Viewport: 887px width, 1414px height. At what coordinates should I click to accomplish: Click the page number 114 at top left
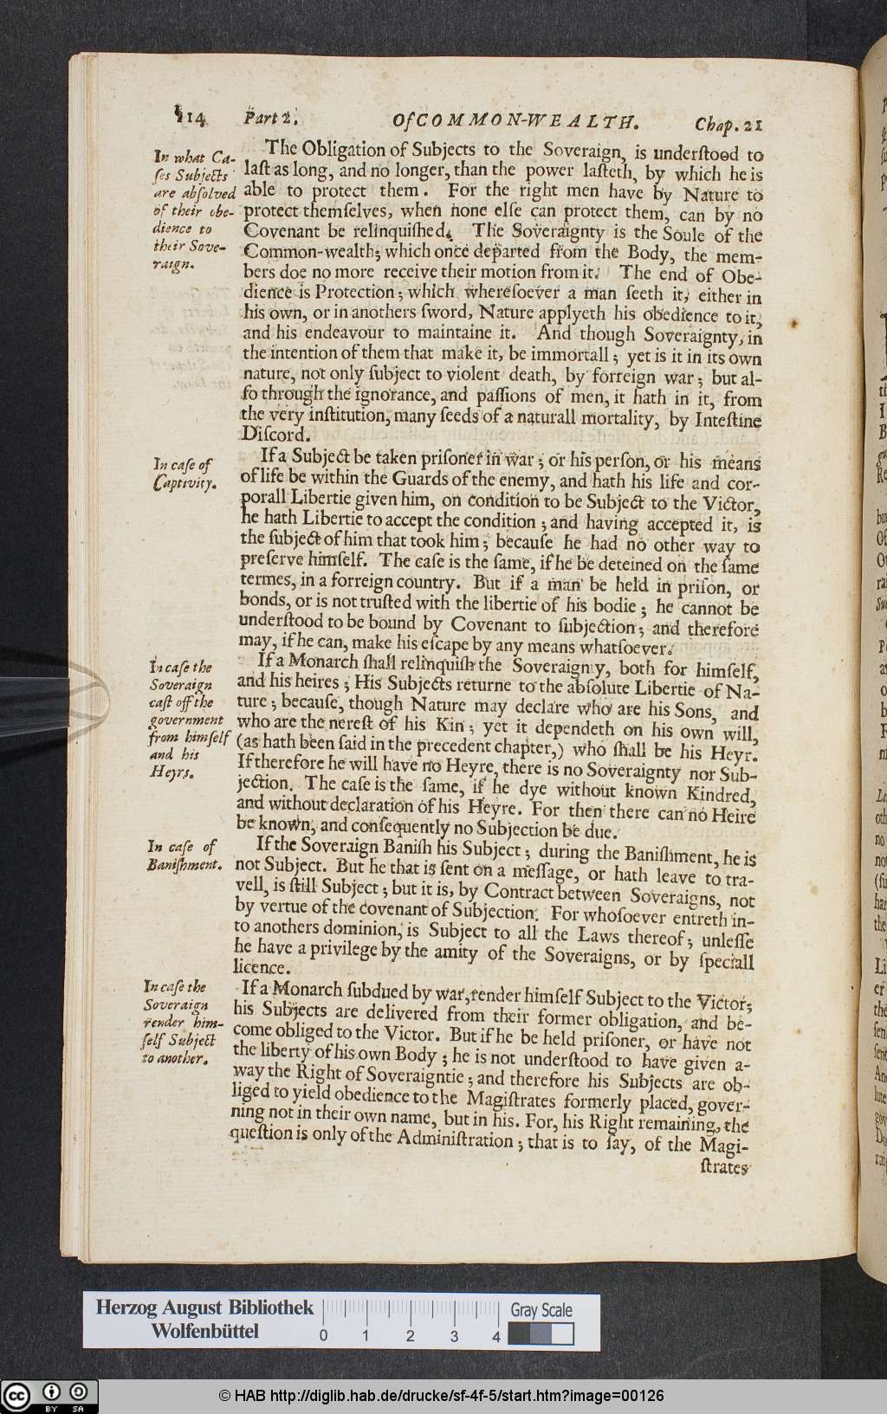188,118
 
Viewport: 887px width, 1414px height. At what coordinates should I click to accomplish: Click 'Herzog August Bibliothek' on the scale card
204,1307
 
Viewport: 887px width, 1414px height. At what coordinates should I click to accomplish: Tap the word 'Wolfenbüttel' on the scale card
204,1332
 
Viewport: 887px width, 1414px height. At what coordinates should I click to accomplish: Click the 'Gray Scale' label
541,1310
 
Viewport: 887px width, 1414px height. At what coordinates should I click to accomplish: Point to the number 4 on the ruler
496,1336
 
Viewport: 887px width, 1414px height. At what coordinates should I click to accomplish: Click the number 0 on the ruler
323,1336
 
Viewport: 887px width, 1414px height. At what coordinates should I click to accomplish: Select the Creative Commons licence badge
49,1395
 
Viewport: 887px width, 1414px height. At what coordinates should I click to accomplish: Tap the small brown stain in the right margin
793,324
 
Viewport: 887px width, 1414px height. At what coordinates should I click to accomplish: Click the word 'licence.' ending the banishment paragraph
261,966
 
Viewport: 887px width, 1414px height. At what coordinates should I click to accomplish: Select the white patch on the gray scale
562,1334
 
